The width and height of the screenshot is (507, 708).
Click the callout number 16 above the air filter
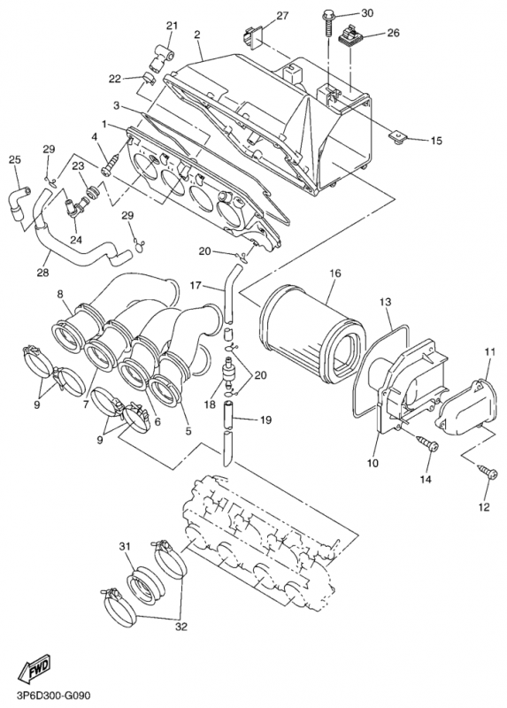tap(335, 273)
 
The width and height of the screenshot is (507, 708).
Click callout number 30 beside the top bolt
tap(367, 12)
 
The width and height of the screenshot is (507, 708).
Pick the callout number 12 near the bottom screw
tap(483, 506)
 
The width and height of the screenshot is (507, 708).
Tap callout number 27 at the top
tap(282, 16)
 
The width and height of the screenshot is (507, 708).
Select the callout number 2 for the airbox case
tap(196, 35)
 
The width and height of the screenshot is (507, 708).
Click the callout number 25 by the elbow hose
tap(14, 159)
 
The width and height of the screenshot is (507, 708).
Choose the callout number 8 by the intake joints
tap(60, 294)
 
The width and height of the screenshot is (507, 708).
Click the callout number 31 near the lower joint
tap(125, 545)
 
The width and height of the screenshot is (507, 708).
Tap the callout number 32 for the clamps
tap(181, 627)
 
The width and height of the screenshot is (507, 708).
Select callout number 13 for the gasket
tap(386, 302)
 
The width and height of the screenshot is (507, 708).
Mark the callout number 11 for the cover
tap(488, 353)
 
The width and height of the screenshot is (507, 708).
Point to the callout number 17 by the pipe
tap(196, 286)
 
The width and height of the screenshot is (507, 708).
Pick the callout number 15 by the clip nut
tap(435, 141)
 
